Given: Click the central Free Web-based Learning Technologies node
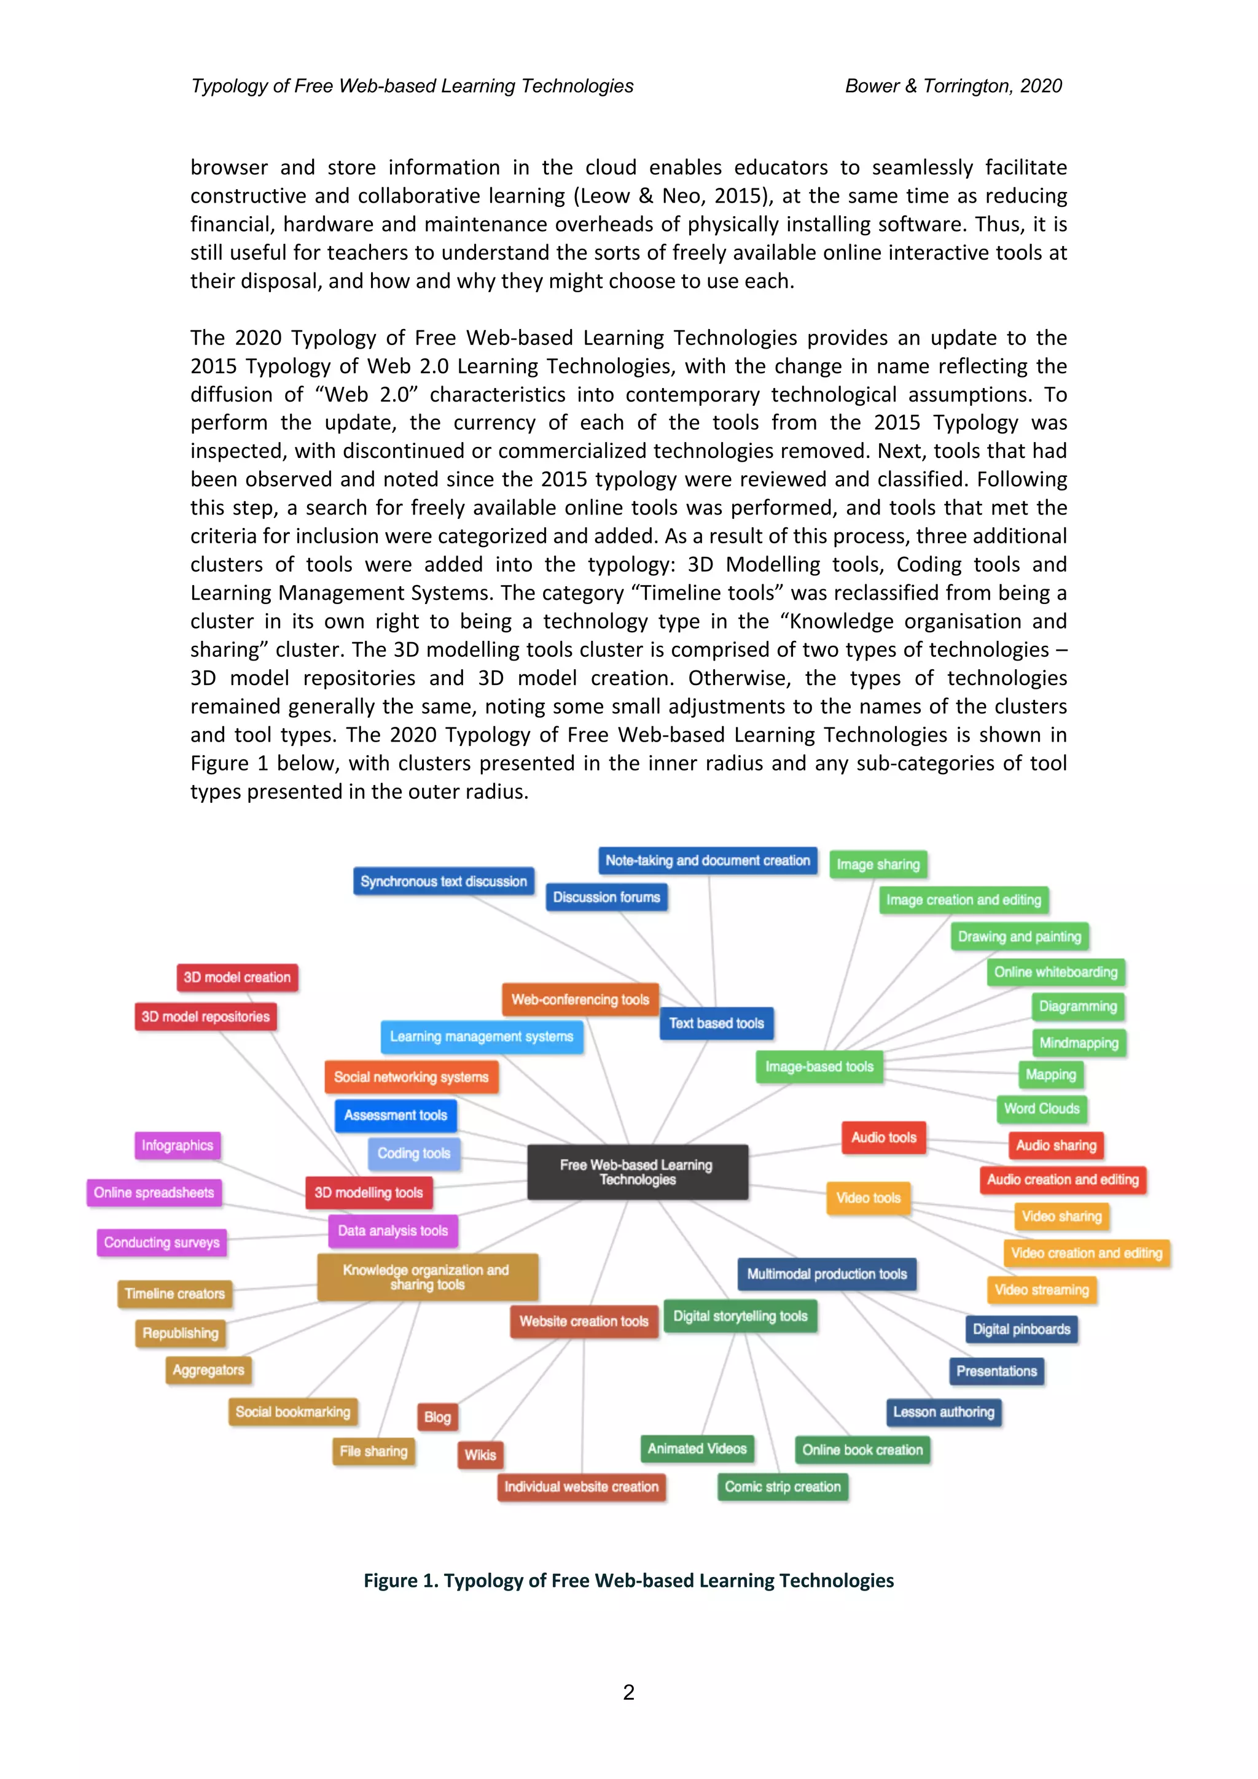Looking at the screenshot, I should (x=637, y=1171).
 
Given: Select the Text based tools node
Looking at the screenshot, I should (x=716, y=1023).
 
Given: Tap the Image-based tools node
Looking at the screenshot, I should (x=819, y=1066).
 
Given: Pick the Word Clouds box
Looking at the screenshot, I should (x=1041, y=1109).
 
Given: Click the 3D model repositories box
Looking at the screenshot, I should (x=205, y=1017).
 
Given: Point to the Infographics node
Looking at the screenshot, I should (x=177, y=1145).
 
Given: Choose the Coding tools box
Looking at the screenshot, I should (x=414, y=1153).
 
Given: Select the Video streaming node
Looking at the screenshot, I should (x=1041, y=1290).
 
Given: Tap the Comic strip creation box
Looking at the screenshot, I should (x=782, y=1487).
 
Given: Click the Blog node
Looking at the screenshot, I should (x=437, y=1417).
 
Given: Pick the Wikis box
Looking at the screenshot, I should (x=480, y=1454).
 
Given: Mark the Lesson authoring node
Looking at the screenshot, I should (x=943, y=1412).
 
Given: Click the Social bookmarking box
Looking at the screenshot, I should (x=293, y=1412).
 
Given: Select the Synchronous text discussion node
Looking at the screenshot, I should (x=443, y=881).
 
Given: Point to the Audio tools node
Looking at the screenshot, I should (x=884, y=1138).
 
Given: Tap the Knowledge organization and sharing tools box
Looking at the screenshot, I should (x=427, y=1277).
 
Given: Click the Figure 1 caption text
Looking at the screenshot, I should (x=628, y=1581).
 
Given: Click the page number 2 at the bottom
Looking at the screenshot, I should (x=628, y=1692).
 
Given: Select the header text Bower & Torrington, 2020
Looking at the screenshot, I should (x=953, y=86).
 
